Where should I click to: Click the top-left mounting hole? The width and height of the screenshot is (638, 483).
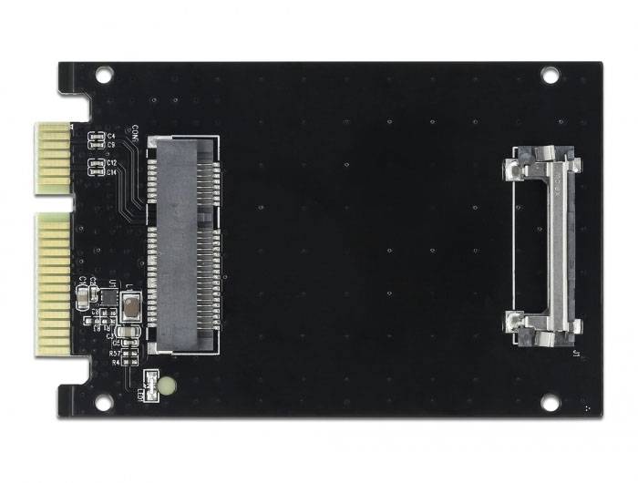pyautogui.click(x=103, y=74)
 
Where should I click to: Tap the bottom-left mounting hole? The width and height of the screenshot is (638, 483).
pyautogui.click(x=103, y=402)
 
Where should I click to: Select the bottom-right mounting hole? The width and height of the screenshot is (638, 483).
pyautogui.click(x=550, y=402)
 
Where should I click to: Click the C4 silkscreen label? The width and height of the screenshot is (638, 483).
pyautogui.click(x=111, y=136)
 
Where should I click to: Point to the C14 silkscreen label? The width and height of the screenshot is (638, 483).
pyautogui.click(x=111, y=171)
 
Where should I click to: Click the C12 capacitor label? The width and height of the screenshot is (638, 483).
pyautogui.click(x=111, y=163)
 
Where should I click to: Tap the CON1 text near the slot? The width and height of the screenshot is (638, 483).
pyautogui.click(x=135, y=133)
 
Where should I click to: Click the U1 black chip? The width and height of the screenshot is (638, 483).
pyautogui.click(x=108, y=296)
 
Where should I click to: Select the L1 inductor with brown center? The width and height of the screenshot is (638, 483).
pyautogui.click(x=130, y=305)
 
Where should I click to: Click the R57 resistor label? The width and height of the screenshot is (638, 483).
pyautogui.click(x=115, y=354)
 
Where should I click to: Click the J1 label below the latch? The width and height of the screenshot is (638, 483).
pyautogui.click(x=573, y=352)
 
